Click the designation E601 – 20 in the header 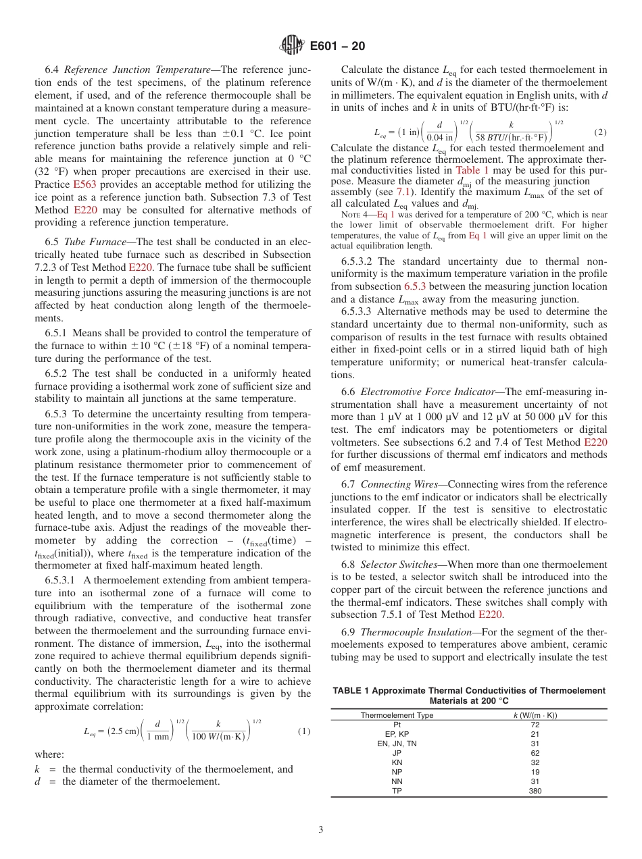coord(337,46)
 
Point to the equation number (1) coord(304,731)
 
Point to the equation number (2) coord(599,132)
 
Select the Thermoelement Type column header coord(397,714)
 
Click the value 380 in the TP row coord(535,791)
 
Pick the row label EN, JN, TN coord(397,744)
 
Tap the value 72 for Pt coord(535,724)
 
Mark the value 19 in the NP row coord(535,772)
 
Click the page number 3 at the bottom coord(321,830)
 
